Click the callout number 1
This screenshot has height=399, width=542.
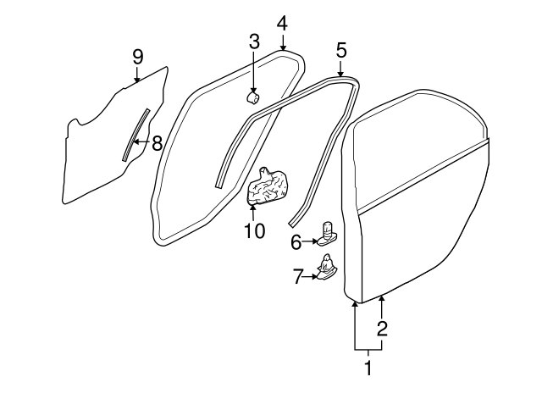368,369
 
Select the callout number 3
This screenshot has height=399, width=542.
253,41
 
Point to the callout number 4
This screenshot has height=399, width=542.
282,21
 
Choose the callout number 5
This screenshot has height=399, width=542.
340,49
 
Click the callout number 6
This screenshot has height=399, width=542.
296,242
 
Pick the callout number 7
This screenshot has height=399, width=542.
297,276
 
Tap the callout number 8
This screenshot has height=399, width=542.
156,143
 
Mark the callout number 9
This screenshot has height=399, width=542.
137,57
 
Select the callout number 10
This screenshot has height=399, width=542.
254,230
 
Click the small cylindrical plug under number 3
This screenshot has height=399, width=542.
252,98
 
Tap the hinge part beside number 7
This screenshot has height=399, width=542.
326,269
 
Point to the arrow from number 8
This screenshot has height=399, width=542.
141,143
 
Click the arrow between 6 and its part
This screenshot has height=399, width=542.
311,242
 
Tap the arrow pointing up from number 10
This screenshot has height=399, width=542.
253,210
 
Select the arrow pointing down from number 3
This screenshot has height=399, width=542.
253,73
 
